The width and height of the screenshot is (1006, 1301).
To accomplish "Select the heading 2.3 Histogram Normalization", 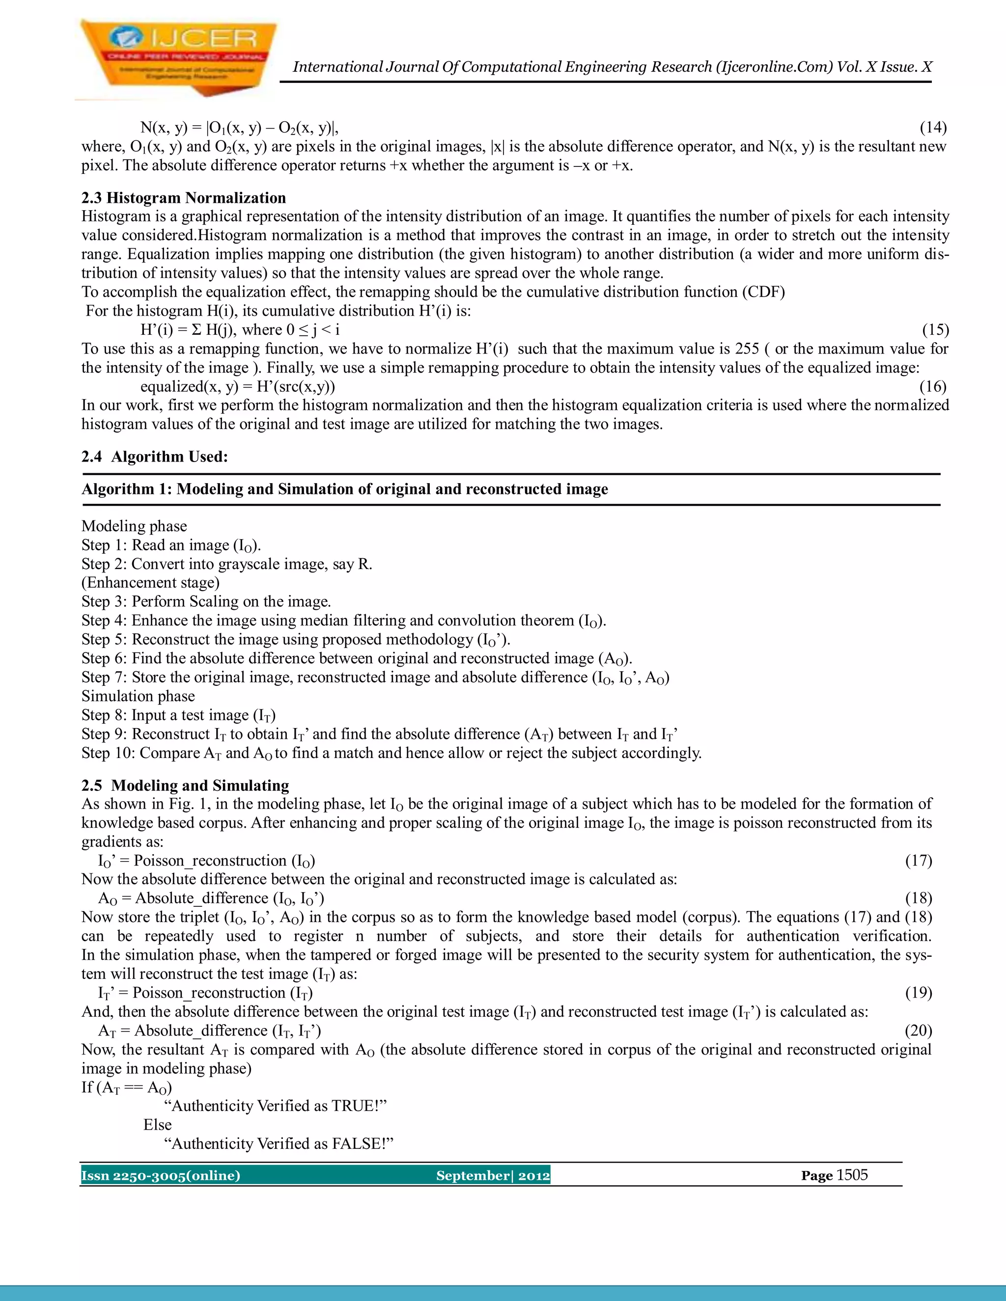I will pyautogui.click(x=184, y=198).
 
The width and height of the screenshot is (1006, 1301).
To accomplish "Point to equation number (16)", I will pyautogui.click(x=933, y=386).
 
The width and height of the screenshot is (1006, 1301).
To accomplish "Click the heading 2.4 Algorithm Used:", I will pyautogui.click(x=155, y=457).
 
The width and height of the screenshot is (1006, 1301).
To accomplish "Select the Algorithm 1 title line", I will pyautogui.click(x=344, y=489).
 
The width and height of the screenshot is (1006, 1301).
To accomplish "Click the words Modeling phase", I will pyautogui.click(x=134, y=526).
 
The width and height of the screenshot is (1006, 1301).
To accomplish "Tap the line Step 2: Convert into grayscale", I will pyautogui.click(x=226, y=564).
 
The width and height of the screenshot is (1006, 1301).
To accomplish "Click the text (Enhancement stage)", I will pyautogui.click(x=150, y=583).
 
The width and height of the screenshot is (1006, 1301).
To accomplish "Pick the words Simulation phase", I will pyautogui.click(x=138, y=696).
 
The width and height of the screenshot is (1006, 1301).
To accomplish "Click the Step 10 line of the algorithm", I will pyautogui.click(x=391, y=753).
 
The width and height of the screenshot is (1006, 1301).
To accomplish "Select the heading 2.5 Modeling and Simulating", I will pyautogui.click(x=185, y=785).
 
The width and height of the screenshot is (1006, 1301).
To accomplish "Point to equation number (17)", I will pyautogui.click(x=919, y=861).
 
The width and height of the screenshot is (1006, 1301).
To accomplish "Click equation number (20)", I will pyautogui.click(x=919, y=1030).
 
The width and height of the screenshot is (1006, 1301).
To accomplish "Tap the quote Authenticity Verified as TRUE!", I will pyautogui.click(x=276, y=1106).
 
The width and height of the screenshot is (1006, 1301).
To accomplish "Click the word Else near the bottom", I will pyautogui.click(x=157, y=1125).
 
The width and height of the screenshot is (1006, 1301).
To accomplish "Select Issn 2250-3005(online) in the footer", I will pyautogui.click(x=161, y=1175).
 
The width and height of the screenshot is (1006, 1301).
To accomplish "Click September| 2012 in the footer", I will pyautogui.click(x=493, y=1175).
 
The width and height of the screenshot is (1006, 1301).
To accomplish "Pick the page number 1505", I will pyautogui.click(x=852, y=1175).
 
